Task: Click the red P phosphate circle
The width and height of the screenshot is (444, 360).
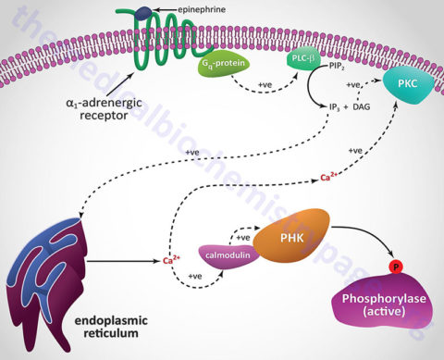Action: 393,268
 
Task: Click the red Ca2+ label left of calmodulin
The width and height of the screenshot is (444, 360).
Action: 170,260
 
